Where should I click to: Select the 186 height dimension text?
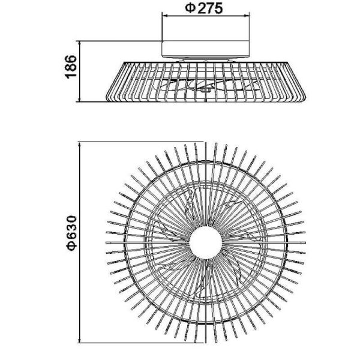click(70, 67)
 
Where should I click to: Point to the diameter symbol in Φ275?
click(188, 8)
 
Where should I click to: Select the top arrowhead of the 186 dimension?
click(80, 43)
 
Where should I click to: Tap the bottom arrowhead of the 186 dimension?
click(80, 99)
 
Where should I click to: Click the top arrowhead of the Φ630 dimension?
click(80, 145)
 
